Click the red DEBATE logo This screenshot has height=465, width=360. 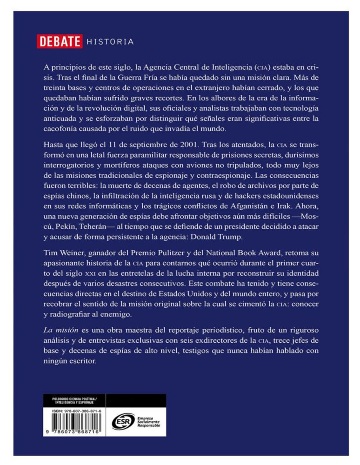click(60, 41)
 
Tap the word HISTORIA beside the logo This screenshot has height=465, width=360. click(110, 42)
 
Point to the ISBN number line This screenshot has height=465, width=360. click(74, 411)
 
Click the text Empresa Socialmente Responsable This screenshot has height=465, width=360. click(148, 421)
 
